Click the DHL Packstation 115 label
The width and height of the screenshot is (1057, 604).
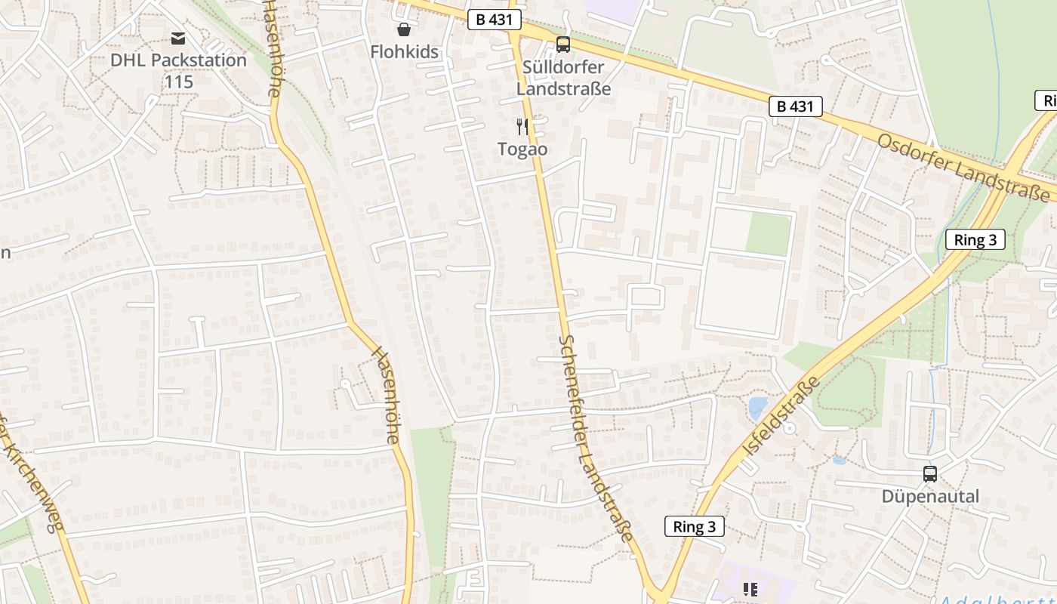point(178,70)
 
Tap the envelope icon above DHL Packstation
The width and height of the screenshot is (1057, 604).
point(178,38)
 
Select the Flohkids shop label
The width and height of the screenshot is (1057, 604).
point(404,52)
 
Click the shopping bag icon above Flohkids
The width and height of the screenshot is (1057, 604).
point(404,29)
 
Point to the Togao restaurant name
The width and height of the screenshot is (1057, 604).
point(522,149)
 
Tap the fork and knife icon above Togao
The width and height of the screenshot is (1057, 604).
point(522,125)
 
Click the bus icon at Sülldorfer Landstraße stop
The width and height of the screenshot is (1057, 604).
point(563,45)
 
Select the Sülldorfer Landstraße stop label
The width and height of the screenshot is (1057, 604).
point(563,77)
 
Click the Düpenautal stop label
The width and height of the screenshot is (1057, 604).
point(930,496)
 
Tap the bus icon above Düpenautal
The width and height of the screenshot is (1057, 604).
point(930,474)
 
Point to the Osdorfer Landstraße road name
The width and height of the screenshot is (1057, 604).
point(963,168)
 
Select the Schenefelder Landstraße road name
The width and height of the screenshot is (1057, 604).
point(596,438)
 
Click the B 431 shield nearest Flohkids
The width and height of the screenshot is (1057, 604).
point(495,20)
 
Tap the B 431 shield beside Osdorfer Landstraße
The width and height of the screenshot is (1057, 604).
point(795,106)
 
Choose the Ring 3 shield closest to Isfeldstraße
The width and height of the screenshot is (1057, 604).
point(694,526)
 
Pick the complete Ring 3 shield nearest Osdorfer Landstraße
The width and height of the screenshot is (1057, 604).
point(975,240)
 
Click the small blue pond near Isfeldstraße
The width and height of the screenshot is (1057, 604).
point(757,408)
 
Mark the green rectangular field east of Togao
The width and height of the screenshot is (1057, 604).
point(768,233)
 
